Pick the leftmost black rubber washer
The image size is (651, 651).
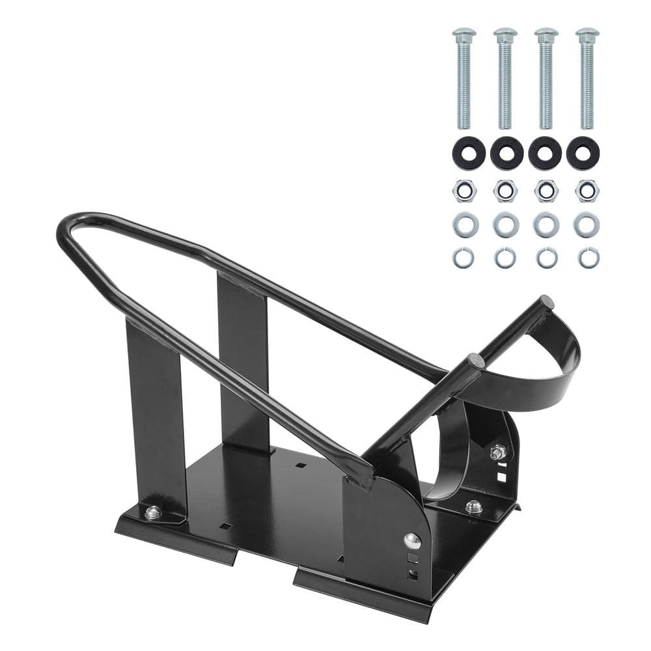(x=469, y=154)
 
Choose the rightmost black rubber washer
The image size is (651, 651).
(x=583, y=154)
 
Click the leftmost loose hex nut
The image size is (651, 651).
(x=465, y=191)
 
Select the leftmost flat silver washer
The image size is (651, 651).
(x=465, y=225)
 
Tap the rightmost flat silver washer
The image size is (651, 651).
(x=587, y=225)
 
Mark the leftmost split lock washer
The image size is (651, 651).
(x=464, y=258)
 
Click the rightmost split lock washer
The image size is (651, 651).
(x=589, y=258)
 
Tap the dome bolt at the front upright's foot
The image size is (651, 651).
(x=153, y=513)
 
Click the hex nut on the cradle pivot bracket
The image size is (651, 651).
(x=498, y=450)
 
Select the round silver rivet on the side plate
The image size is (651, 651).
(x=411, y=540)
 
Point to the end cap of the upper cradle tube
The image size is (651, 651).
(x=547, y=302)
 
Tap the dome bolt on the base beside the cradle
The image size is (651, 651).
(x=473, y=507)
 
